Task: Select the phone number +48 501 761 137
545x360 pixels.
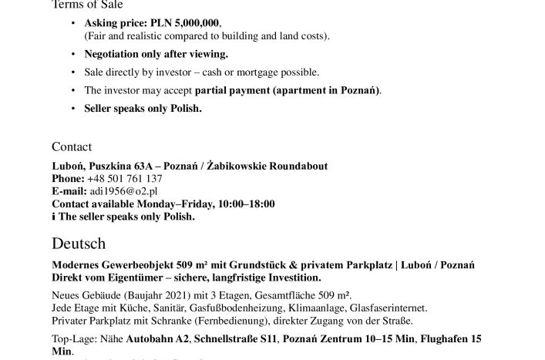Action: tap(124, 179)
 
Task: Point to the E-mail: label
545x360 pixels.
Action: tap(69, 191)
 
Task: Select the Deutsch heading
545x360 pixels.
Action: tap(79, 244)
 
